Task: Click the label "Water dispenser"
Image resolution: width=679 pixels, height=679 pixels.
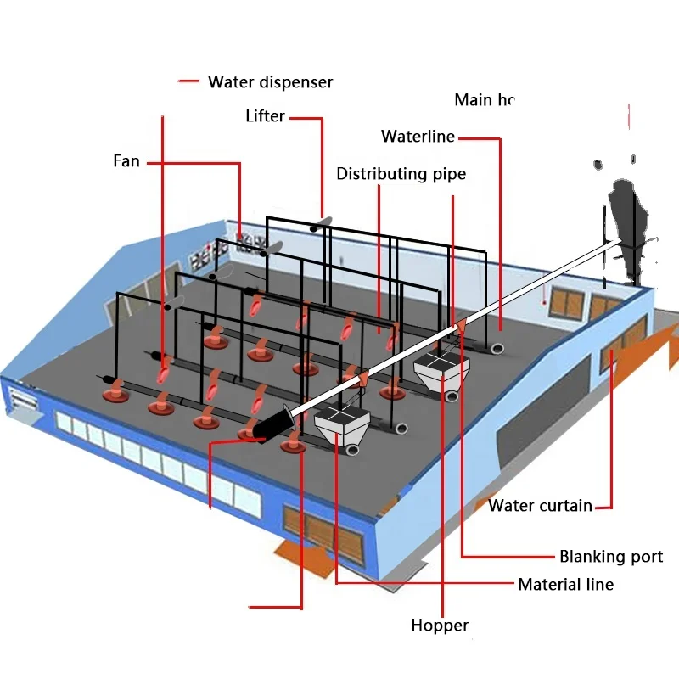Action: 270,82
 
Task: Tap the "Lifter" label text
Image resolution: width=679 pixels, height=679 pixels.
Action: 265,116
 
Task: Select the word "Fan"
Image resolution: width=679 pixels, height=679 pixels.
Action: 126,160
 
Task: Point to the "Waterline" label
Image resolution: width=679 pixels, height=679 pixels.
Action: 418,137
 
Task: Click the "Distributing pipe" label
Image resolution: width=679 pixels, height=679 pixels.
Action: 401,174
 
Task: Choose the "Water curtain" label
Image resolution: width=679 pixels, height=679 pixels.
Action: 540,506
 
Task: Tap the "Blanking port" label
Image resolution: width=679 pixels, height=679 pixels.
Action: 611,557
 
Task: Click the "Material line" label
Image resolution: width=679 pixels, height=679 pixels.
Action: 565,584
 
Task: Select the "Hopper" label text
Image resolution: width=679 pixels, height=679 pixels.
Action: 440,626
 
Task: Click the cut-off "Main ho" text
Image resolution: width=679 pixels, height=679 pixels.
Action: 485,100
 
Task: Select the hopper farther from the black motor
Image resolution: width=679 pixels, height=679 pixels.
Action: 441,373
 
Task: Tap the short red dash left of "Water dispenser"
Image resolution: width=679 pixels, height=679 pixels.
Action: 188,82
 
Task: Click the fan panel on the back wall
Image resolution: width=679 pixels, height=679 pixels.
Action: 253,240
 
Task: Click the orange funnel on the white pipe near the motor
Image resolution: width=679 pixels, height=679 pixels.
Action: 362,379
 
